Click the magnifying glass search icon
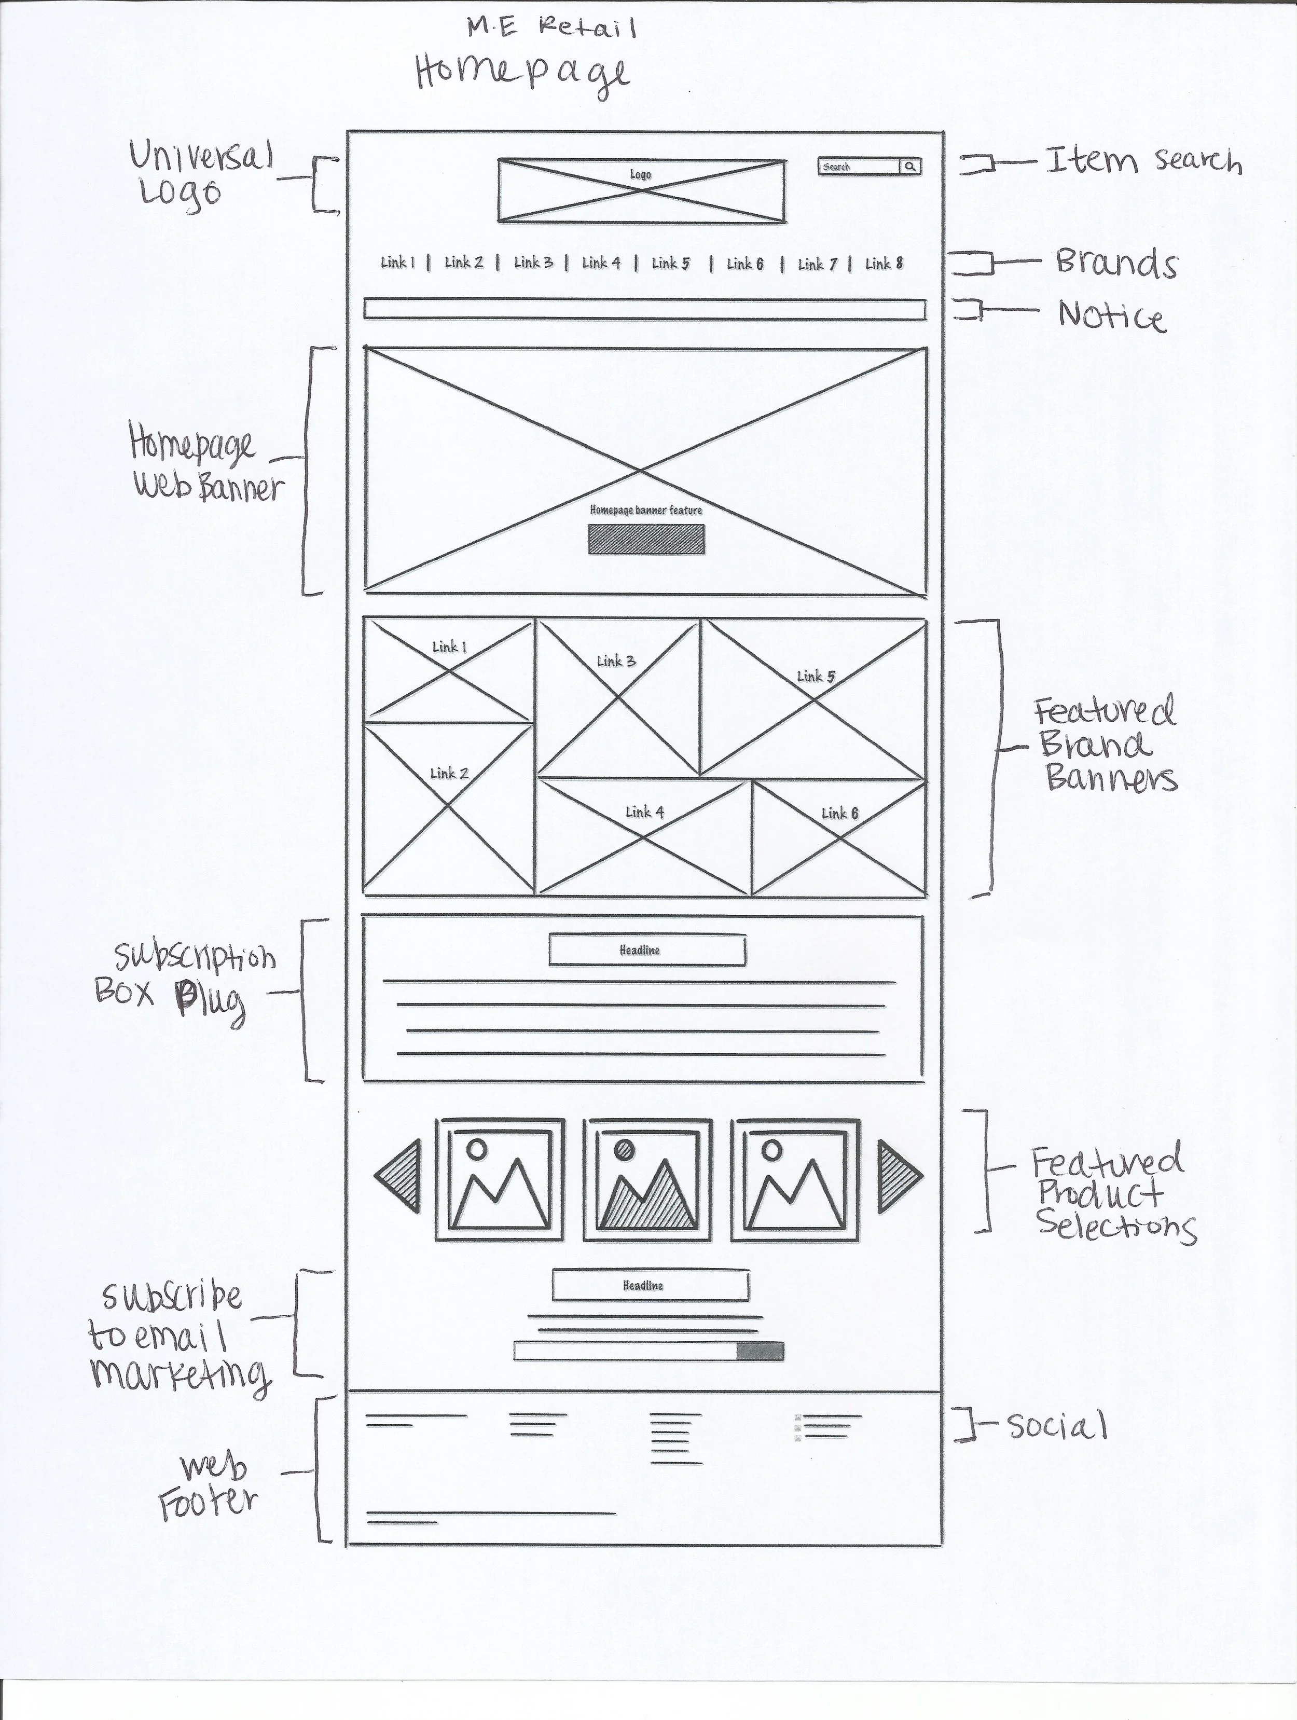(x=910, y=167)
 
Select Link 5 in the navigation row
(x=670, y=264)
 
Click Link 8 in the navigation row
(x=884, y=264)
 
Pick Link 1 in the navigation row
(x=397, y=263)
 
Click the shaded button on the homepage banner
(x=646, y=540)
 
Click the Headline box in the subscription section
(x=647, y=950)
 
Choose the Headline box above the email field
(x=650, y=1285)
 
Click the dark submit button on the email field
(x=760, y=1351)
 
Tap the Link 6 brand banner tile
(x=839, y=837)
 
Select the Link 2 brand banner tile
(x=449, y=809)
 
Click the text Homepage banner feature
(x=646, y=510)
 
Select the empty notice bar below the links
(x=645, y=309)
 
